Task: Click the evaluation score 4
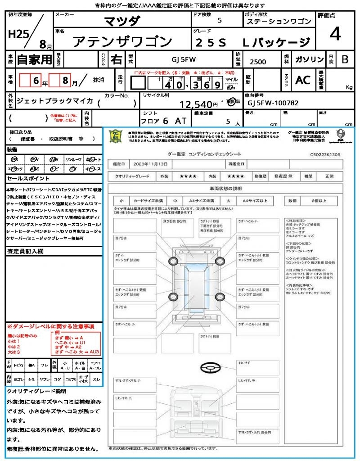point(334,34)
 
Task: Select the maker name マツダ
point(122,21)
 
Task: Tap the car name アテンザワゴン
point(123,42)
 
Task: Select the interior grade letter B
point(345,60)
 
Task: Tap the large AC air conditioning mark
point(303,80)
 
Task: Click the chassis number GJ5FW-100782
point(273,103)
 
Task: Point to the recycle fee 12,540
point(195,104)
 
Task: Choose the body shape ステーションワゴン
point(279,22)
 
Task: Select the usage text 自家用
point(35,59)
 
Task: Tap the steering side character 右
point(116,59)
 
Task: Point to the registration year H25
point(17,34)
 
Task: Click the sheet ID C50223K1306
point(325,154)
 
